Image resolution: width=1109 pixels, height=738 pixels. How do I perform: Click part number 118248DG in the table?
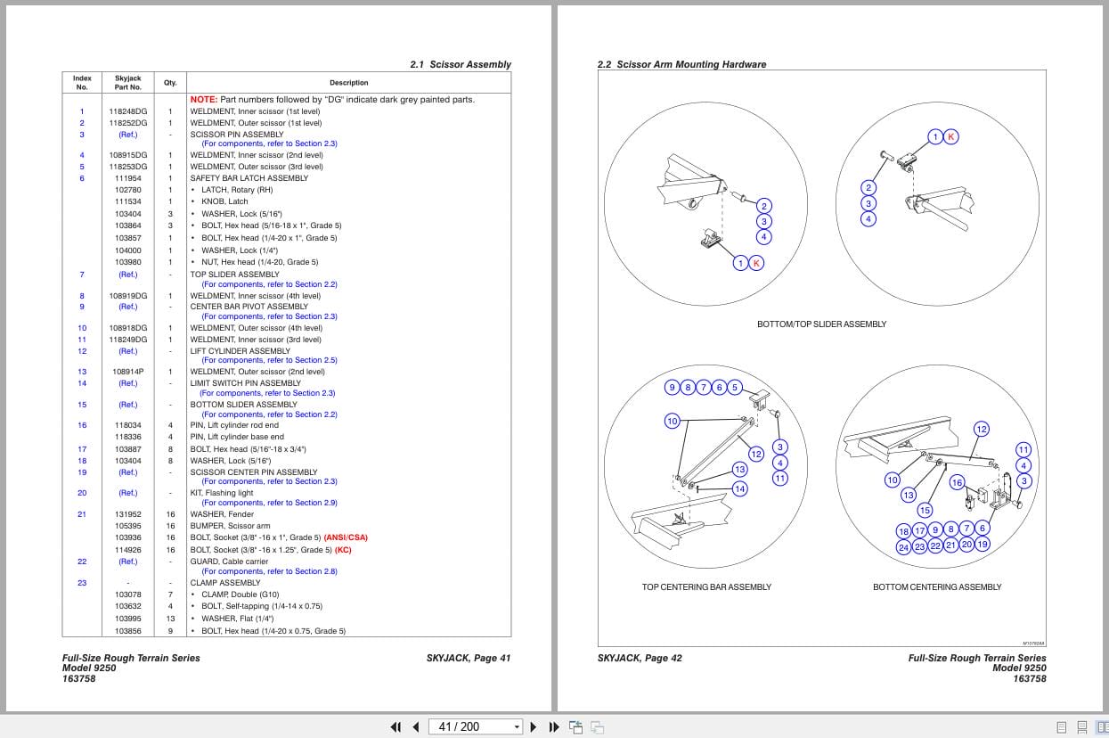[128, 111]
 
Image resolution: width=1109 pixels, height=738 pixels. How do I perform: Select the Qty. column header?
[169, 83]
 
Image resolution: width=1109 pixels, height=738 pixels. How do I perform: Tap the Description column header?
[348, 83]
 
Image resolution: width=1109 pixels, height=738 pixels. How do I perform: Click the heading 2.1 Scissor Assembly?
[461, 64]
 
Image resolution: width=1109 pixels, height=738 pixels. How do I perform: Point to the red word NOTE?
[203, 100]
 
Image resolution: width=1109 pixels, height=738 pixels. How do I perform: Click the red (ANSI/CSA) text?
[346, 537]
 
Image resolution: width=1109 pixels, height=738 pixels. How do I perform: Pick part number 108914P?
[128, 372]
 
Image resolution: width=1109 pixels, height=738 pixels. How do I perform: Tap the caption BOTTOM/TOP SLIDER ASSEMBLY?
[821, 324]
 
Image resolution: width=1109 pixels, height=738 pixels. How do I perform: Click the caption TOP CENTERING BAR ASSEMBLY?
[706, 586]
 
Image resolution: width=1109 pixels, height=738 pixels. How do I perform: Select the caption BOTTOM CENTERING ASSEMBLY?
[937, 586]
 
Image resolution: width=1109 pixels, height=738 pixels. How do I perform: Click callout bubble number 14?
[739, 488]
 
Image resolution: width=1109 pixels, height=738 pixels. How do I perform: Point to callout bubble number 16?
[957, 482]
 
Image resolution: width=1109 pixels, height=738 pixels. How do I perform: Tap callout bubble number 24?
[903, 547]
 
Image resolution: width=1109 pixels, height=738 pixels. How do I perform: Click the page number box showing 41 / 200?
[474, 726]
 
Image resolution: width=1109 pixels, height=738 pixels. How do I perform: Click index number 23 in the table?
[82, 583]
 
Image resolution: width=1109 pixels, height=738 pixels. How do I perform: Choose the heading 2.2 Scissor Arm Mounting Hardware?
[681, 64]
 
